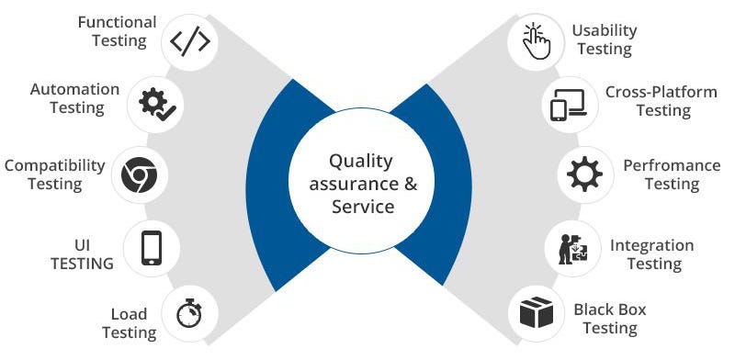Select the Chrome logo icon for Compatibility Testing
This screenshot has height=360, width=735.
coord(139,174)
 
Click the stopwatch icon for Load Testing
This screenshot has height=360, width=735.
coord(189,313)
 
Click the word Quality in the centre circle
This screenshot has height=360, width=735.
coord(360,162)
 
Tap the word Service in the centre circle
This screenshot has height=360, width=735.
coord(363,206)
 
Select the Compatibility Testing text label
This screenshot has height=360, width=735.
coord(54,174)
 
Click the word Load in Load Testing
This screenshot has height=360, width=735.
coord(129,314)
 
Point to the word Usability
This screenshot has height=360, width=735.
coord(604,30)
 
